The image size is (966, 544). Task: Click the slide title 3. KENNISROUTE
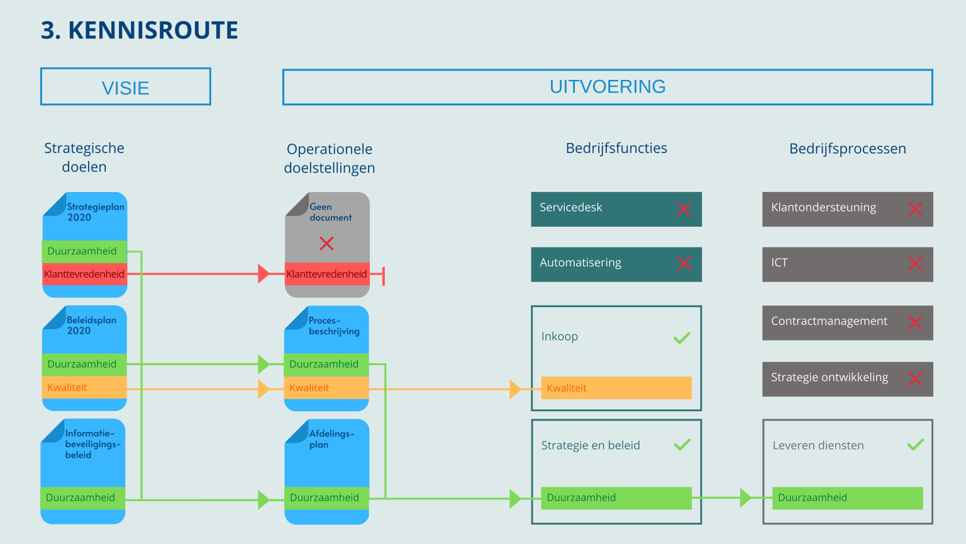click(139, 30)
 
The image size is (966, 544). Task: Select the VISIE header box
click(126, 87)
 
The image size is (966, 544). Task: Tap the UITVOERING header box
click(608, 87)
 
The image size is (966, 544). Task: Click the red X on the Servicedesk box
click(684, 209)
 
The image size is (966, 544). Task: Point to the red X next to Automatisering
click(684, 264)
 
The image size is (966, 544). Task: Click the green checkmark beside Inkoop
click(682, 338)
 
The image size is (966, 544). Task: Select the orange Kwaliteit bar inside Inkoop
click(616, 388)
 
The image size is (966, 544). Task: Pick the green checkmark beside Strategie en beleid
click(682, 445)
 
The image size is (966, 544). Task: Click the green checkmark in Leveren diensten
click(915, 445)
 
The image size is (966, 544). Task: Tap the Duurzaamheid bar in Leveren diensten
click(847, 497)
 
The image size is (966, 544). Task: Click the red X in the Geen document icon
click(326, 244)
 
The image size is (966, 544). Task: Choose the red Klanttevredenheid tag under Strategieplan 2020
click(84, 274)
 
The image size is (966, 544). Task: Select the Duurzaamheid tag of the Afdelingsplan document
click(326, 497)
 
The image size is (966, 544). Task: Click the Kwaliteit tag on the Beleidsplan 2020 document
click(84, 387)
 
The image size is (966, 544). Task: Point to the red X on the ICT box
click(915, 264)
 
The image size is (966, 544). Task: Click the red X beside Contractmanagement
click(915, 322)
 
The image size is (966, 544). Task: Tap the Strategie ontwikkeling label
click(830, 377)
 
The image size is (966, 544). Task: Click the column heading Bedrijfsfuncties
click(616, 148)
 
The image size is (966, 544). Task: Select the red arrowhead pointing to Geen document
click(264, 274)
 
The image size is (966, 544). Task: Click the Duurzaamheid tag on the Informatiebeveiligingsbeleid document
click(83, 497)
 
